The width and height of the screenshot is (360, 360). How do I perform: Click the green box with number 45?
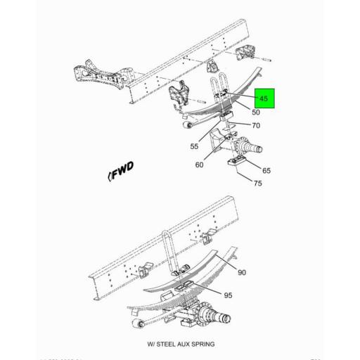point(266,99)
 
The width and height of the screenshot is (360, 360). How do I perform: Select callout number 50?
point(255,112)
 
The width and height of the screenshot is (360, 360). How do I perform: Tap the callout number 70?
point(256,126)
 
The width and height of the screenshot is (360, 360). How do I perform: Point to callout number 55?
point(193,146)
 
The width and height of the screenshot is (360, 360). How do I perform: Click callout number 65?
point(266,171)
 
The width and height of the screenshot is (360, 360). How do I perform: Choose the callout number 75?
point(258,184)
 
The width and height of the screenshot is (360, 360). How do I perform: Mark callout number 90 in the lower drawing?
point(241,272)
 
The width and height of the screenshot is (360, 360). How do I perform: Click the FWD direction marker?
point(121,172)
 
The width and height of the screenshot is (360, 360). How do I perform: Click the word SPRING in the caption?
point(202,345)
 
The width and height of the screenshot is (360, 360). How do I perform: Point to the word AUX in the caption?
point(185,345)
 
